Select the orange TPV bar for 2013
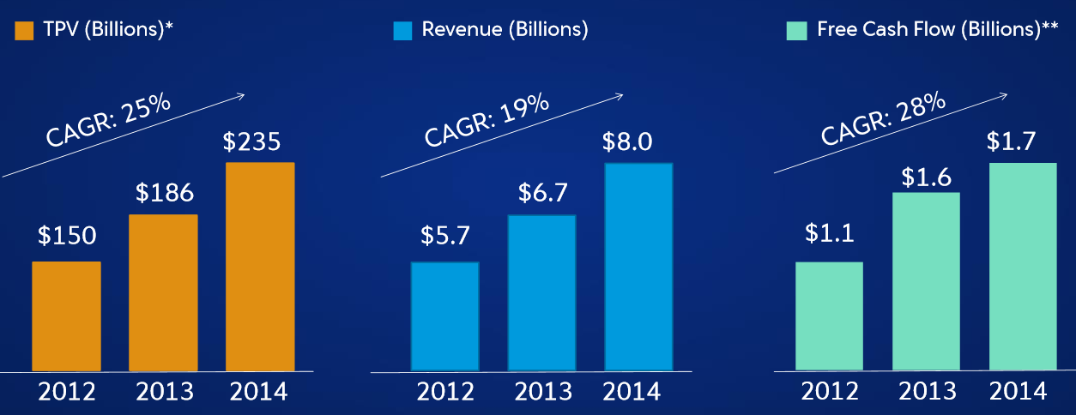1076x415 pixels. (x=163, y=292)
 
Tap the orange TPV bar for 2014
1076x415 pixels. (x=260, y=266)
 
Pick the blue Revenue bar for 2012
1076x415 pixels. (x=444, y=316)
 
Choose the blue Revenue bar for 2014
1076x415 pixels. (x=638, y=267)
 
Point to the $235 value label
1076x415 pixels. (x=251, y=141)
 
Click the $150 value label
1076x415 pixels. (x=67, y=236)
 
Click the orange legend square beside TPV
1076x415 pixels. (x=24, y=31)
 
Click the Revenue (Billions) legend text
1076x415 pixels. (x=505, y=30)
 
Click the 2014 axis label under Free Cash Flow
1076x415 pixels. (x=1018, y=391)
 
